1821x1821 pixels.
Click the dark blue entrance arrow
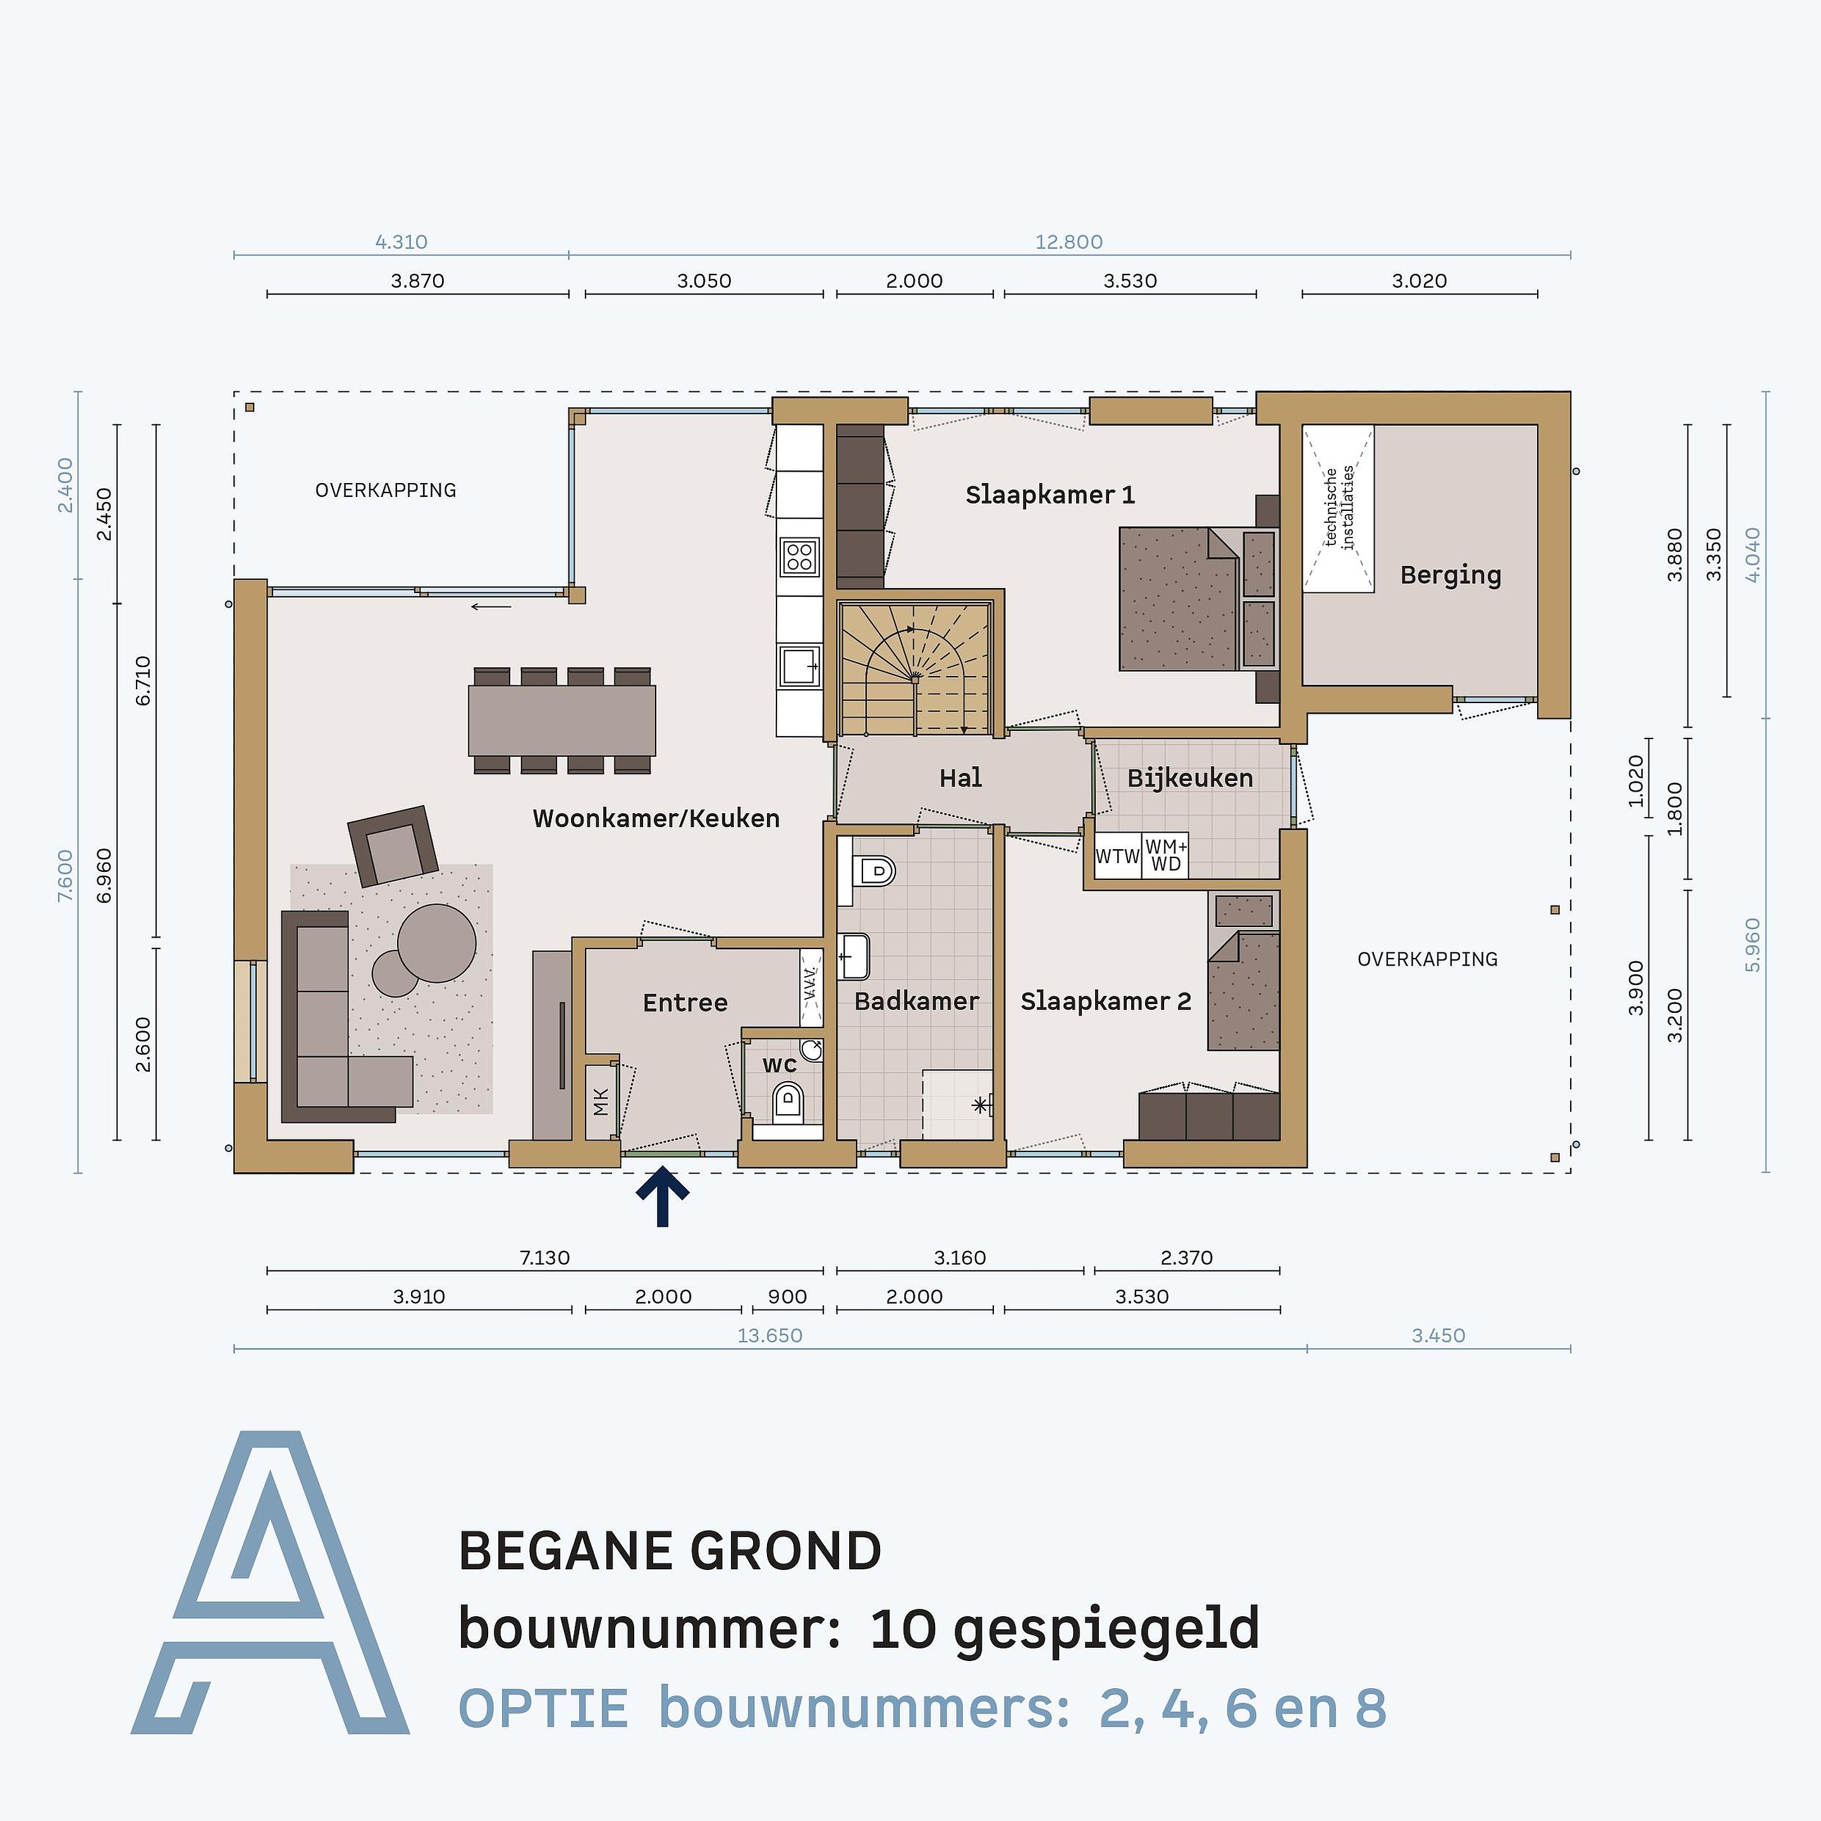[x=663, y=1195]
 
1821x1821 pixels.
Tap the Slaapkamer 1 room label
[x=1050, y=495]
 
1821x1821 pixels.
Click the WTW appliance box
[x=1118, y=856]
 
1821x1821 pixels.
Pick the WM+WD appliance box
[x=1166, y=856]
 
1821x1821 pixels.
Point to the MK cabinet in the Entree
[x=601, y=1101]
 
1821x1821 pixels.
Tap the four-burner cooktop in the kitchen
[x=799, y=557]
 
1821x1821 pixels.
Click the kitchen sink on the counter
[x=799, y=666]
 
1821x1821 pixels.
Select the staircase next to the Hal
[x=914, y=669]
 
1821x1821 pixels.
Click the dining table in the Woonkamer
[x=561, y=720]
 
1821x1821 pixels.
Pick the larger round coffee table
[x=436, y=943]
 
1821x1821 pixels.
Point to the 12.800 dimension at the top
[x=1069, y=242]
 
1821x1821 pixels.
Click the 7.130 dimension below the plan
[x=545, y=1258]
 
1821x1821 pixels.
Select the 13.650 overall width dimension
[x=770, y=1335]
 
